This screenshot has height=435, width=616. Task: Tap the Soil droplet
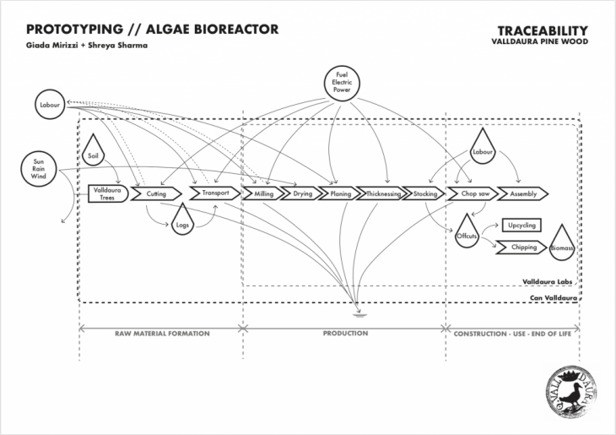(94, 154)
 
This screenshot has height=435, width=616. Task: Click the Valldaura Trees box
(105, 193)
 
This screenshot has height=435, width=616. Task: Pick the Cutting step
(157, 193)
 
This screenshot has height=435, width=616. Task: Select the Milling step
(264, 193)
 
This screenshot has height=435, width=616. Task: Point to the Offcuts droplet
(467, 232)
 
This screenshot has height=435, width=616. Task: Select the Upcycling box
(522, 226)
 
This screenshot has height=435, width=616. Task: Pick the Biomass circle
(562, 250)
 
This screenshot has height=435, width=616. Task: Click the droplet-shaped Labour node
(483, 150)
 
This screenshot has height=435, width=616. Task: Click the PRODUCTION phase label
(345, 334)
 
